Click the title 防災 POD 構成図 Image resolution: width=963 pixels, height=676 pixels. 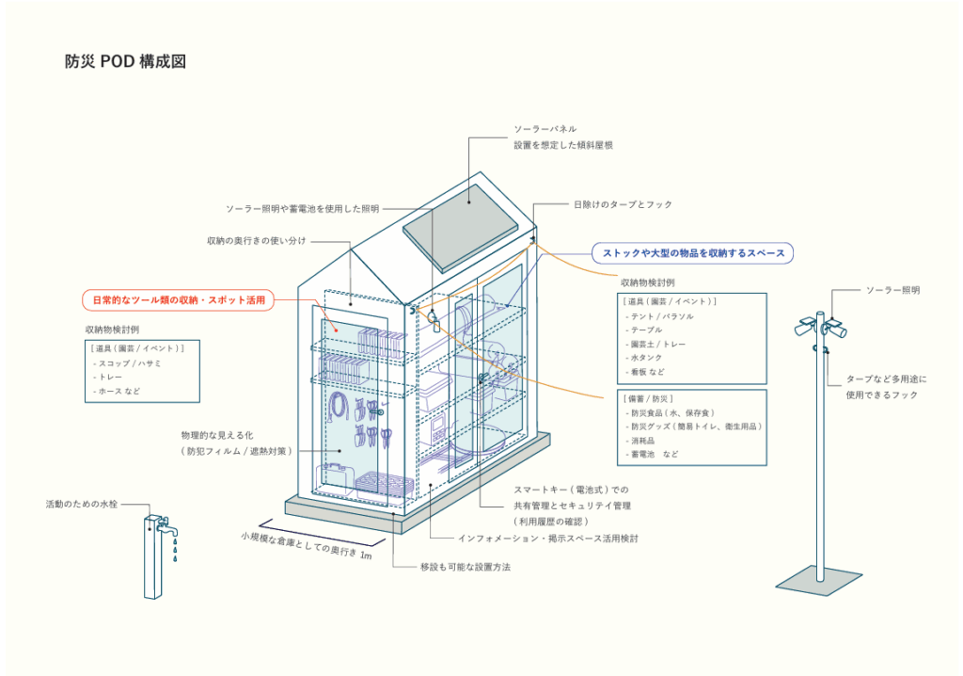click(125, 62)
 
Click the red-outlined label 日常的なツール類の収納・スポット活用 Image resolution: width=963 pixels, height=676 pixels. click(178, 300)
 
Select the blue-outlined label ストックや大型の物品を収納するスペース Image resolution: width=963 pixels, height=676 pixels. click(692, 252)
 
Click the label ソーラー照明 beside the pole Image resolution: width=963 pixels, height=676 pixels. click(892, 290)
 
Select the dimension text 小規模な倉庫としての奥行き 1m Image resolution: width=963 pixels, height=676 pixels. click(307, 546)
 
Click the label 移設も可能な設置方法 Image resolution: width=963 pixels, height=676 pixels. click(465, 568)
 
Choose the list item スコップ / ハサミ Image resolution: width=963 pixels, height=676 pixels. click(131, 363)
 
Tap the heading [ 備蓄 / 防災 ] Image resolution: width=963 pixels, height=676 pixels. click(647, 399)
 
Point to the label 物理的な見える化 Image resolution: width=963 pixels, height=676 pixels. click(219, 436)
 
